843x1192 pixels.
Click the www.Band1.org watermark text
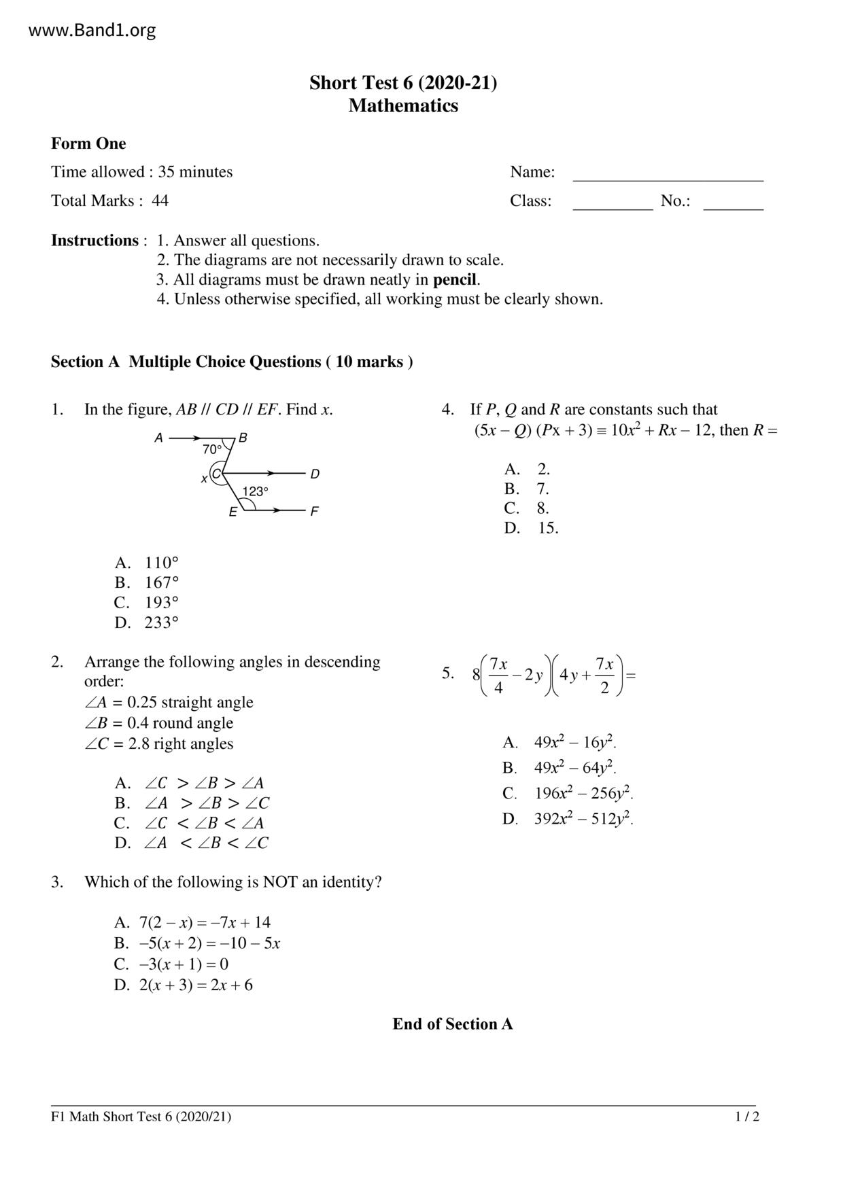click(x=92, y=31)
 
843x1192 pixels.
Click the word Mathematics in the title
click(x=403, y=106)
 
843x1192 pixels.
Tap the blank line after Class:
click(x=613, y=204)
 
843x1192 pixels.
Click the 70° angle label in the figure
click(x=212, y=449)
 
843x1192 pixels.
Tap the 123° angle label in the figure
click(x=255, y=491)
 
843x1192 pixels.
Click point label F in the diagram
click(x=314, y=512)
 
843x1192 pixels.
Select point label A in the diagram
click(x=158, y=438)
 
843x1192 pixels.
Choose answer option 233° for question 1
click(x=161, y=623)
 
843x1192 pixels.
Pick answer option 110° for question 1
click(x=161, y=563)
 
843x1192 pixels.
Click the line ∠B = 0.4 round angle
click(x=158, y=723)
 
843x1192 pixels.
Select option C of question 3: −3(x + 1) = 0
click(x=184, y=964)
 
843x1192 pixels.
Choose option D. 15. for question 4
click(x=547, y=528)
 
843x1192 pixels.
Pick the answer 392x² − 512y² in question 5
click(x=583, y=819)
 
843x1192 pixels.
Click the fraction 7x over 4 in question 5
click(x=498, y=676)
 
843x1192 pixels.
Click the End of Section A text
click(x=452, y=1024)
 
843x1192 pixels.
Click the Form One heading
click(x=88, y=143)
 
